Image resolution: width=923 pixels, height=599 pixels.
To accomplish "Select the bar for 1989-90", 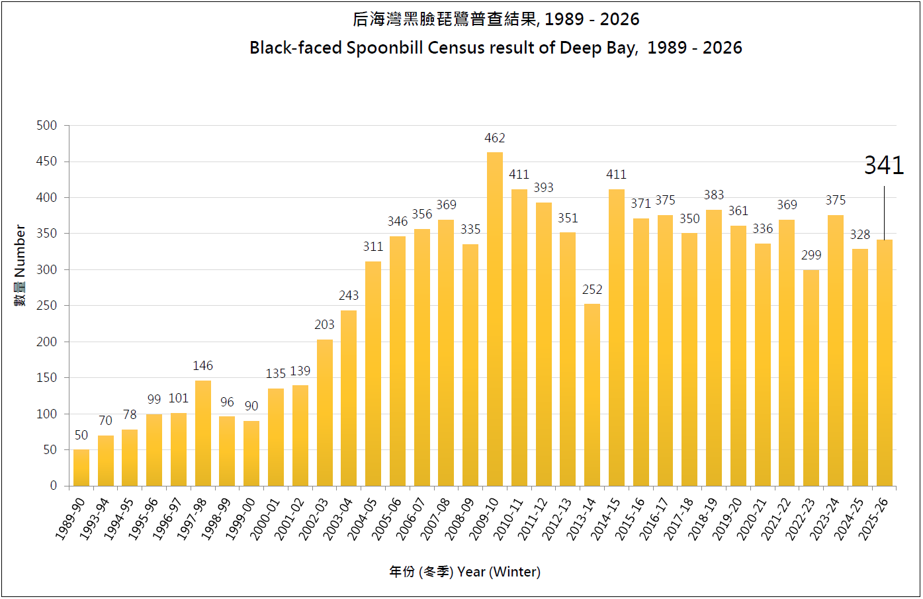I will point(81,467).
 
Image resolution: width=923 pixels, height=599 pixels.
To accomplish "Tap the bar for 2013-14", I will point(592,394).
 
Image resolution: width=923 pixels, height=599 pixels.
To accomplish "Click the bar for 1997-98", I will point(203,433).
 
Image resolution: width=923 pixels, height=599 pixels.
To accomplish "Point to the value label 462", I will point(495,138).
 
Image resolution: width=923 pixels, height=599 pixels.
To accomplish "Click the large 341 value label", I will point(884,165).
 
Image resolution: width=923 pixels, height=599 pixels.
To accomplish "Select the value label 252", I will point(592,290).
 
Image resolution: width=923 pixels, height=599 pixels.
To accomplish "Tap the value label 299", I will point(811,255).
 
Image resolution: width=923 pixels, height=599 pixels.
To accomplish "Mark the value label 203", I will point(324,325).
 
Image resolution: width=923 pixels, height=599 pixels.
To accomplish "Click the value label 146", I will point(203,366).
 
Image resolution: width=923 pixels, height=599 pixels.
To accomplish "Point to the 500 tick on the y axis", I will point(46,126).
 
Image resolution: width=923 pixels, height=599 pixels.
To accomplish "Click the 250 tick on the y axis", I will point(46,306).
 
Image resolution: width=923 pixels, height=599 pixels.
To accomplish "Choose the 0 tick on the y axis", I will point(54,486).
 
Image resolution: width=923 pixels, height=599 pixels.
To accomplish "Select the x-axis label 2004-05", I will point(363,519).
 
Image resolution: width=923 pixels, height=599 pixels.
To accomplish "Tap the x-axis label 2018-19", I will point(703,519).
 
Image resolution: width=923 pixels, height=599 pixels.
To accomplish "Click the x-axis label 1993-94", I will point(95,519).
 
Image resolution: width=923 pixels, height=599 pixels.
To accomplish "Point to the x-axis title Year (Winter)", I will point(498,572).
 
